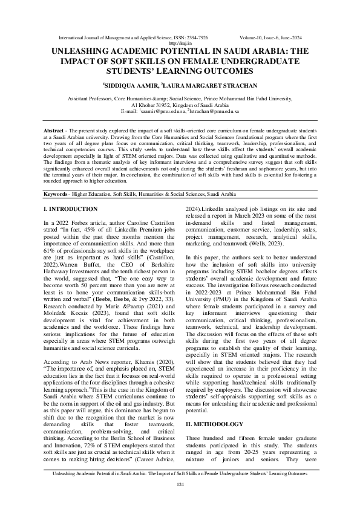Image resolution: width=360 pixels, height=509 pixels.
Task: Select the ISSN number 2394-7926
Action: click(197, 37)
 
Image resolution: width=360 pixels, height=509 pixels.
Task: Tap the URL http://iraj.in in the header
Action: click(180, 43)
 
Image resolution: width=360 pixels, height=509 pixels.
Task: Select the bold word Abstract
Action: click(55, 131)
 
